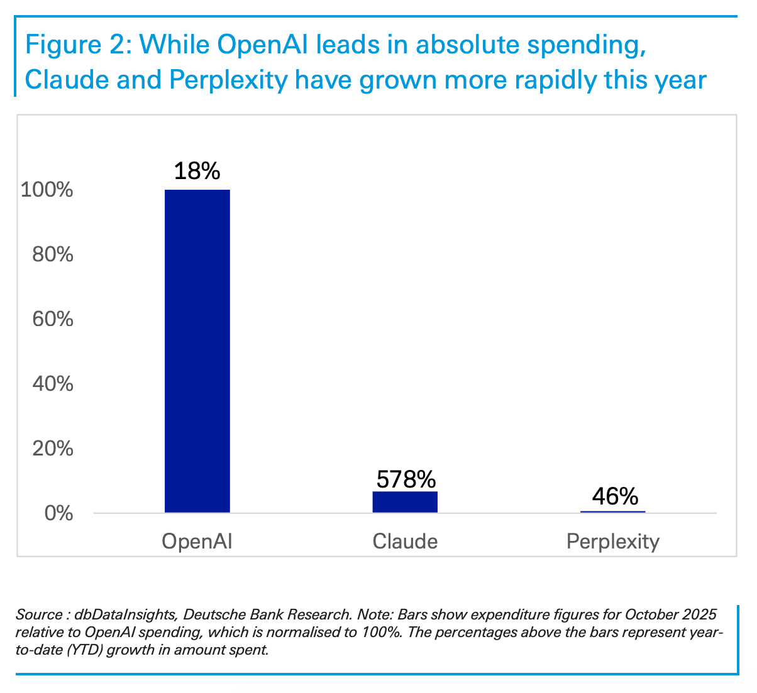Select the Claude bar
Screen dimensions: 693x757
point(405,502)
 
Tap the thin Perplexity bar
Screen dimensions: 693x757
point(612,512)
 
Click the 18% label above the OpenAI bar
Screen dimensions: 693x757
point(197,171)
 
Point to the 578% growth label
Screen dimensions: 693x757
point(406,480)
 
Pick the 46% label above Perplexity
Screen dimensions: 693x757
point(614,497)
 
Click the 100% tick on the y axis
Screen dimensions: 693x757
point(47,190)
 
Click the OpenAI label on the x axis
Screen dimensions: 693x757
point(197,542)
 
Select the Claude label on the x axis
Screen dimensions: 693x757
point(405,542)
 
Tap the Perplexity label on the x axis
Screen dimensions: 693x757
point(613,542)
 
